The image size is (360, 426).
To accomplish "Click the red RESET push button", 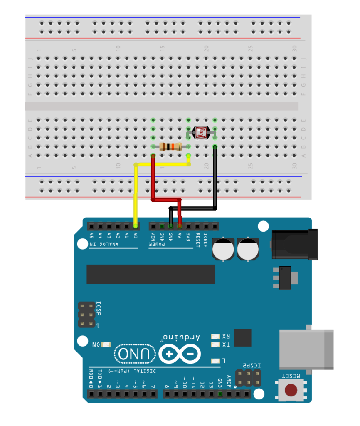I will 291,390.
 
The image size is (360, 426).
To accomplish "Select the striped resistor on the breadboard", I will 170,146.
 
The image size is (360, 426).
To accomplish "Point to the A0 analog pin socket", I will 136,226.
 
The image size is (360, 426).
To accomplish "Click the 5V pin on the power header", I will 180,226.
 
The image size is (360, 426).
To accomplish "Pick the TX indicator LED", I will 215,344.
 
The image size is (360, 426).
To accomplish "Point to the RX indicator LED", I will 215,337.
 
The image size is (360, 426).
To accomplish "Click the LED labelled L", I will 215,361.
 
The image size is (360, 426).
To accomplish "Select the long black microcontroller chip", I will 150,274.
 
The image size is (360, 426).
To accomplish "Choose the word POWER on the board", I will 157,244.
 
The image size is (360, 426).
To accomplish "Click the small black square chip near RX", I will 243,337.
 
